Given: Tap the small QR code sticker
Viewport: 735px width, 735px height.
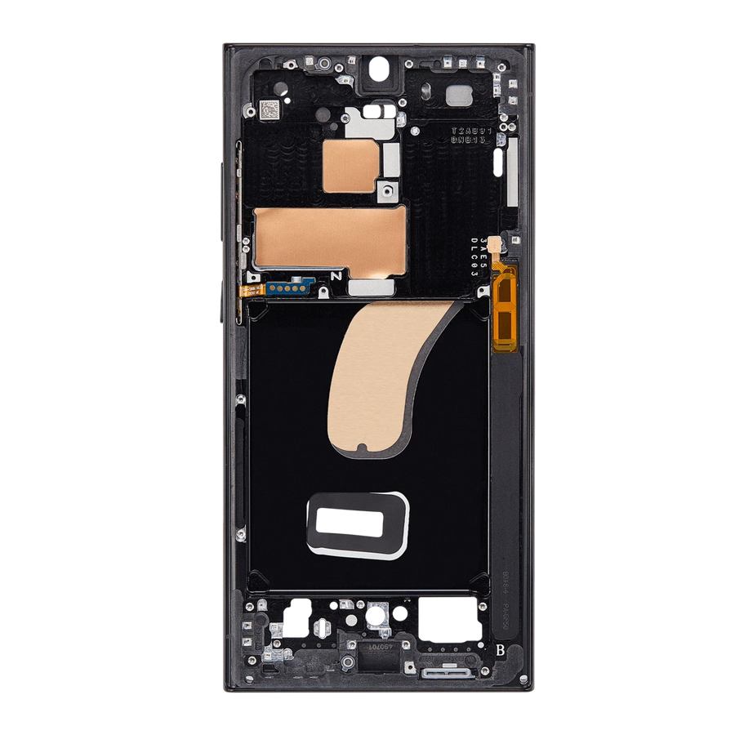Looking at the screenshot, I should click(x=269, y=108).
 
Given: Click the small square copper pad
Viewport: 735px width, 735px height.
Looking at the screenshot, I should click(x=348, y=165).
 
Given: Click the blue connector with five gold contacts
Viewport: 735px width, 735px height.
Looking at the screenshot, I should click(x=287, y=288).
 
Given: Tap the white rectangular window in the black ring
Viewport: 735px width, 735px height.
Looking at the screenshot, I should click(x=355, y=521).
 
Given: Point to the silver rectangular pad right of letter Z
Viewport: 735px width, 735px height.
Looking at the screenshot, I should click(x=371, y=286).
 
